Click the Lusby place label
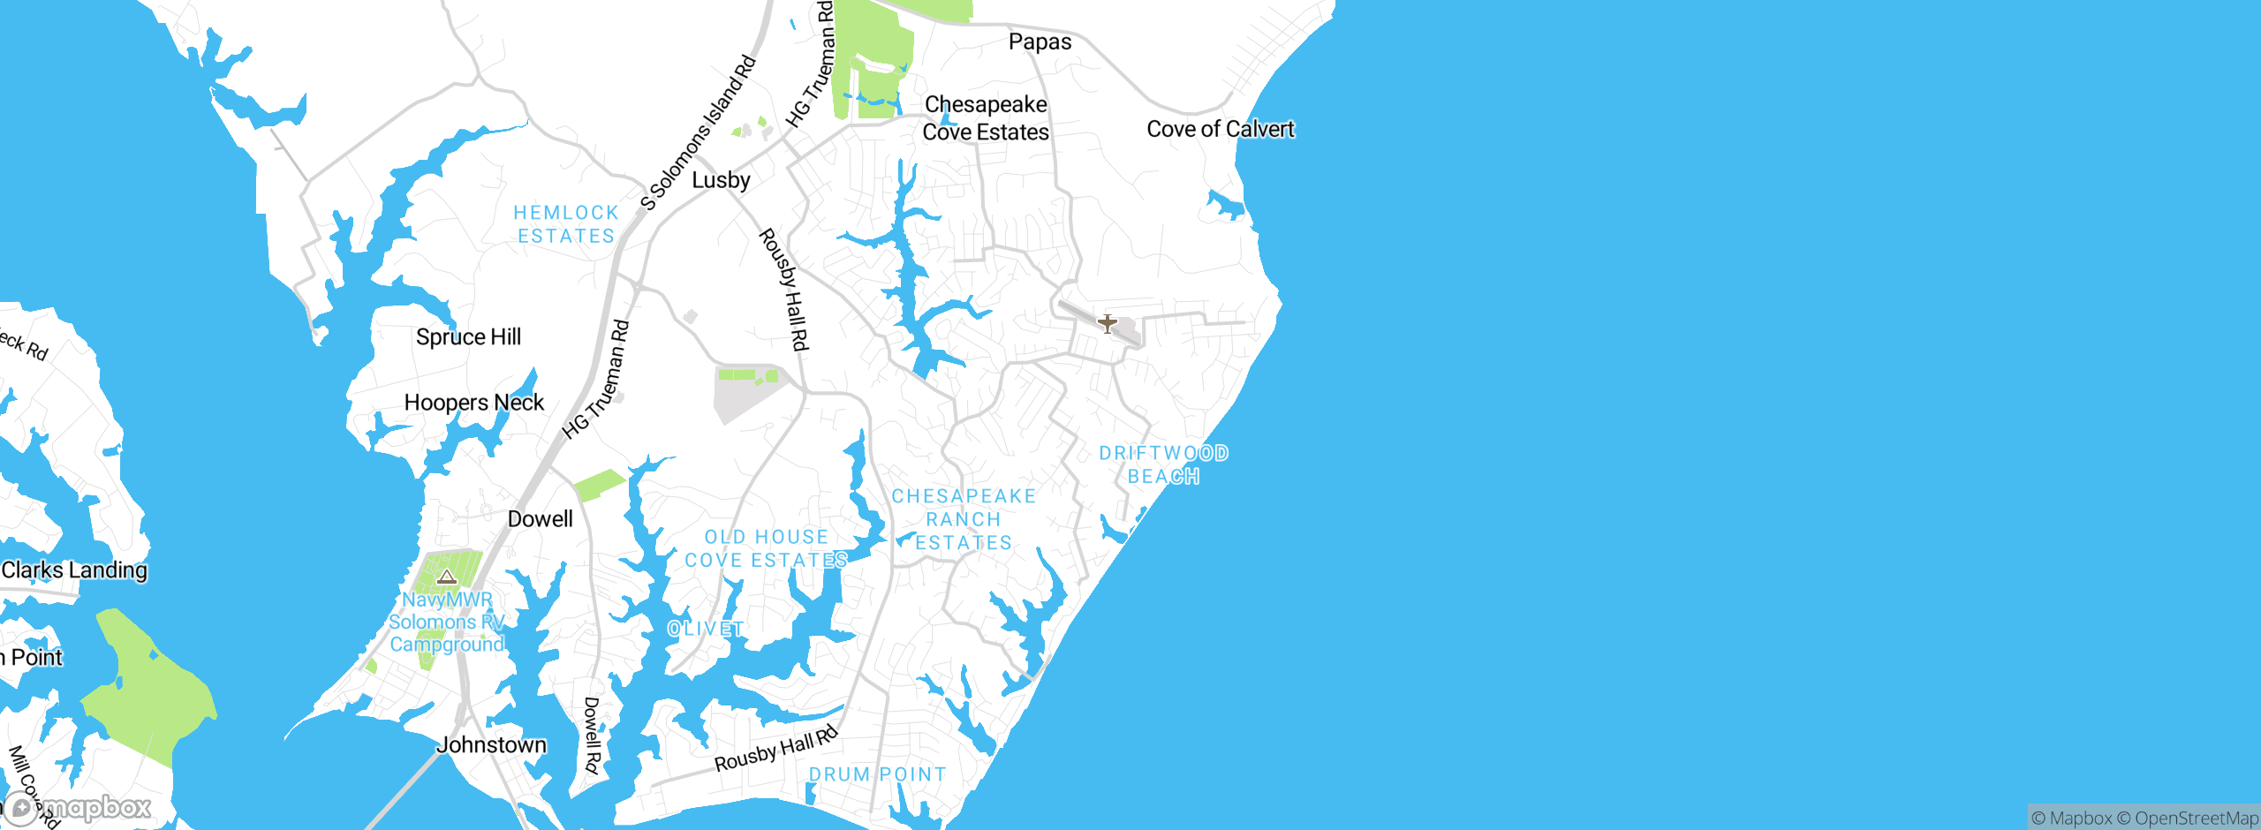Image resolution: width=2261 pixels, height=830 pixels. [x=721, y=180]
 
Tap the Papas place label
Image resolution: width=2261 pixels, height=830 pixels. [x=1040, y=42]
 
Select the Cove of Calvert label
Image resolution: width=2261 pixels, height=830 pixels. [x=1220, y=130]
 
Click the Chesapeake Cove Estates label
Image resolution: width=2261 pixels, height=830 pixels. [x=986, y=118]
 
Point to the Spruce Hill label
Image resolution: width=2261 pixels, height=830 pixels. [x=468, y=337]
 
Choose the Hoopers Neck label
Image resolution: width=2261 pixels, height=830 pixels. [x=473, y=403]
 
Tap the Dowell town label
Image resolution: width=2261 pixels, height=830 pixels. [x=540, y=519]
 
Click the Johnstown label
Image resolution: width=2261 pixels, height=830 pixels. [x=491, y=745]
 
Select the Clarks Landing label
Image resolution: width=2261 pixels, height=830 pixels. [x=74, y=570]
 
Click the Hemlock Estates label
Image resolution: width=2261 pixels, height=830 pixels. [x=566, y=224]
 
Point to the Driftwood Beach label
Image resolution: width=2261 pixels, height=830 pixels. [x=1163, y=464]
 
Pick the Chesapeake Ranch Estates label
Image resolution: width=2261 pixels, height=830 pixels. [x=964, y=519]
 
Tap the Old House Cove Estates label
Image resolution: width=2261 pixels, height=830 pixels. [x=766, y=548]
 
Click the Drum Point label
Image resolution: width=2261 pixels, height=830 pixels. [x=877, y=774]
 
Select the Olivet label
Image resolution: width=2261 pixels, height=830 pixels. [x=705, y=629]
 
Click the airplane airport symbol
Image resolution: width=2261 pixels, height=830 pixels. [x=1107, y=323]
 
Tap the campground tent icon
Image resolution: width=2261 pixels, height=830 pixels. [x=447, y=577]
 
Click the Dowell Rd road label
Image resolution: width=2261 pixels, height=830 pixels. [x=592, y=736]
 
